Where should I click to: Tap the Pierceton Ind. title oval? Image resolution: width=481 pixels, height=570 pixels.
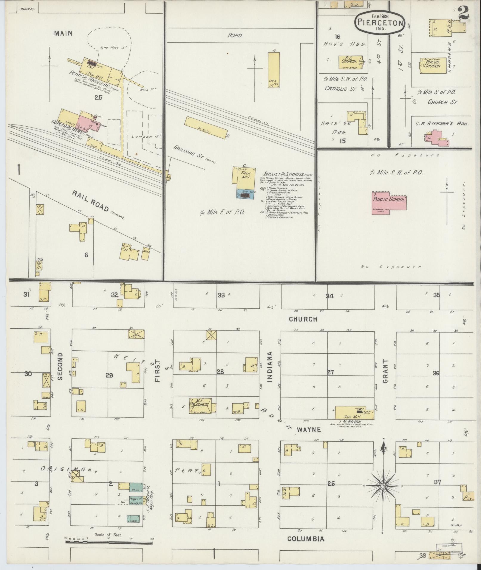pyautogui.click(x=380, y=22)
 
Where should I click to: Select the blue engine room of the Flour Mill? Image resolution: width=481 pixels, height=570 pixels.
pyautogui.click(x=245, y=194)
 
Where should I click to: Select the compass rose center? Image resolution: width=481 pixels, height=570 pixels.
pyautogui.click(x=383, y=486)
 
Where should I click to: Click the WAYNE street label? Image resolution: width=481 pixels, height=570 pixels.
pyautogui.click(x=309, y=430)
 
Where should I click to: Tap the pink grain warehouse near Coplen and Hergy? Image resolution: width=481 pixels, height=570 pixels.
pyautogui.click(x=86, y=125)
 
